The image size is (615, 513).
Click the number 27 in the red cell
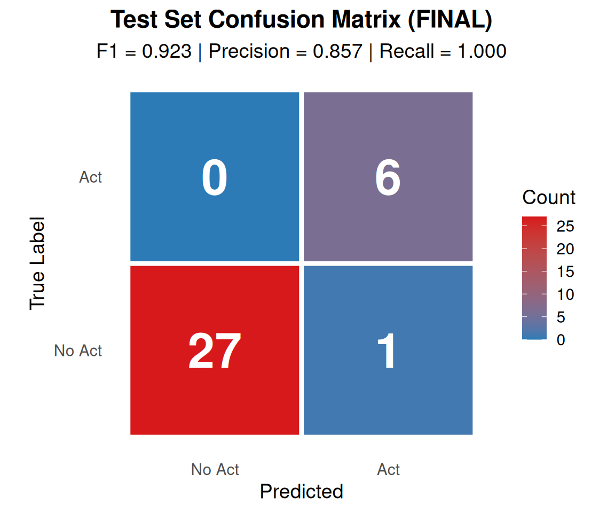[x=215, y=351]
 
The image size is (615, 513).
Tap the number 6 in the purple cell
[x=388, y=177]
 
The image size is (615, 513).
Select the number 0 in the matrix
[x=215, y=177]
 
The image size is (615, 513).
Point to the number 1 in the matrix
[x=387, y=351]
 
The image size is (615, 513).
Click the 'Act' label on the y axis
[x=91, y=177]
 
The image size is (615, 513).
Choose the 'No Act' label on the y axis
[x=78, y=351]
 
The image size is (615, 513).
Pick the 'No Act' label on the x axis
[x=215, y=469]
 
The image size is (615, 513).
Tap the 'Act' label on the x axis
[x=388, y=469]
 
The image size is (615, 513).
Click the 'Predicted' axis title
[x=302, y=492]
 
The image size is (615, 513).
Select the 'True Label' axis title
[x=37, y=263]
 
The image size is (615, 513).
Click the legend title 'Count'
[x=549, y=197]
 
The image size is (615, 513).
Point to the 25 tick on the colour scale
[x=565, y=226]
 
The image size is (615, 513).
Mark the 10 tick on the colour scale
[x=565, y=294]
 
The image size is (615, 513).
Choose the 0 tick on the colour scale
[x=561, y=340]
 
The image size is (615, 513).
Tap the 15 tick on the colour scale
[x=565, y=271]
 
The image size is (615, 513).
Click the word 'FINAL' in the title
[x=450, y=19]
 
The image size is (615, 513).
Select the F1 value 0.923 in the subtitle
[x=167, y=51]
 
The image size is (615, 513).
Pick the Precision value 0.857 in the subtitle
[x=338, y=51]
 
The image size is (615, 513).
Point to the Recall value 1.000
[x=482, y=51]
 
